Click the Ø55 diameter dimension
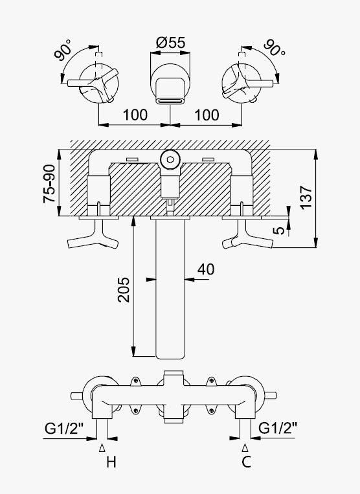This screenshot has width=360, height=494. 171,43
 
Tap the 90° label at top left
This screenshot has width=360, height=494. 63,50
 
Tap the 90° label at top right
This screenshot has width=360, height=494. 275,47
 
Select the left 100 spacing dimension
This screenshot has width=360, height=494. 135,115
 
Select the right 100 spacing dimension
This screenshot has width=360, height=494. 207,115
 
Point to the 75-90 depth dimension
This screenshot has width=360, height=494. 49,184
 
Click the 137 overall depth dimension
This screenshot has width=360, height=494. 306,197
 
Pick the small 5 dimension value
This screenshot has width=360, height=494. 278,230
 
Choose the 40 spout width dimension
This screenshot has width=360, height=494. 206,269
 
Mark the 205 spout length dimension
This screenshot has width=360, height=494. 124,290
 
